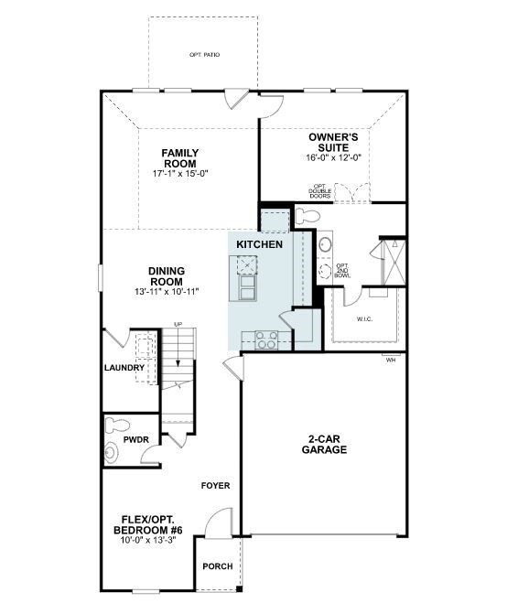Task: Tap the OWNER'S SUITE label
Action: tap(334, 142)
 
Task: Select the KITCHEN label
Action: tap(259, 245)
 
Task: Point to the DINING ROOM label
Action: tap(167, 275)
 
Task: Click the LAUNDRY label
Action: tap(124, 368)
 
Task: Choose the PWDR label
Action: tap(135, 439)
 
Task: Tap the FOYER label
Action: tap(216, 486)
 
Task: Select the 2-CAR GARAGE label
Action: tap(327, 444)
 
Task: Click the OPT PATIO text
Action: tap(204, 55)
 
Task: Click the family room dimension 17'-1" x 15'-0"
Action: tap(180, 172)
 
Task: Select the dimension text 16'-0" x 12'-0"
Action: tap(334, 157)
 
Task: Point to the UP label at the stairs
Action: tap(178, 324)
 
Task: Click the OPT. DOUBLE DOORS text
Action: tap(319, 192)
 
